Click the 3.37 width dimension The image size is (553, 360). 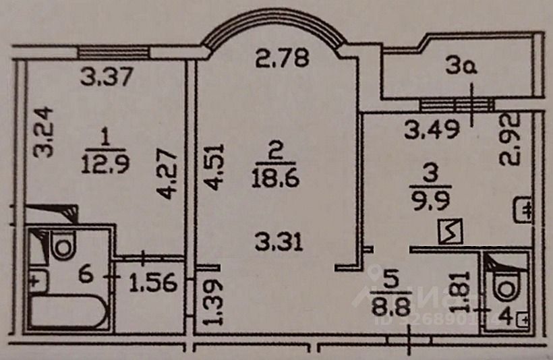[x=107, y=78]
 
